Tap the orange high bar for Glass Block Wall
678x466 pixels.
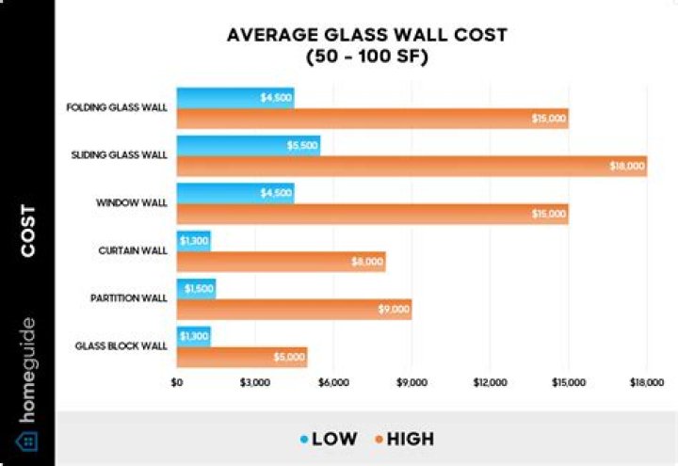pos(242,357)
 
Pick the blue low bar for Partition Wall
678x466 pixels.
pos(196,288)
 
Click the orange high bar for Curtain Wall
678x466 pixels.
pos(281,262)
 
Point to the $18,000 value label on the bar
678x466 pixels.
pos(627,166)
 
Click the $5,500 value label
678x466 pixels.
pos(301,146)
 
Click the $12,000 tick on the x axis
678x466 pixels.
pos(491,383)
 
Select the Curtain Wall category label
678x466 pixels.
pos(132,250)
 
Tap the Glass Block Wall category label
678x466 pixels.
pos(121,345)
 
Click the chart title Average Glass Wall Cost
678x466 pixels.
pos(366,35)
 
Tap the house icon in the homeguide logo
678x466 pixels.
pos(26,441)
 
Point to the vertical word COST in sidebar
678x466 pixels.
pos(27,230)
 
